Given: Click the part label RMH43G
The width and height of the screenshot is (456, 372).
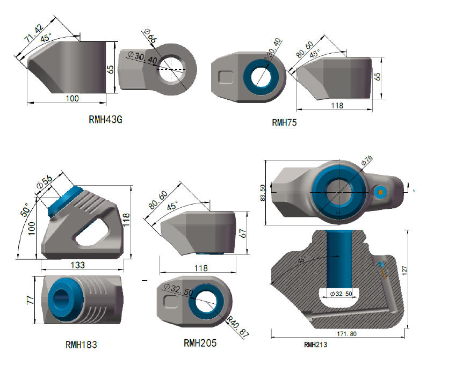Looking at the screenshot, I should pyautogui.click(x=105, y=120).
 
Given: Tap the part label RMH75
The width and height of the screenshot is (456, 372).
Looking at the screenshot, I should pyautogui.click(x=284, y=122).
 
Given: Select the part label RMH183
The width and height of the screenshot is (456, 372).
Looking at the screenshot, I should pyautogui.click(x=81, y=344).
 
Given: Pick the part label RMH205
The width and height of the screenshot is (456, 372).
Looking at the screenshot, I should pyautogui.click(x=200, y=342).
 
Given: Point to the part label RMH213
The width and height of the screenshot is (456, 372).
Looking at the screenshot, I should pyautogui.click(x=315, y=345).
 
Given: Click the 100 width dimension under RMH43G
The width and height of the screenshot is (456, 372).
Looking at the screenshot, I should pyautogui.click(x=72, y=98).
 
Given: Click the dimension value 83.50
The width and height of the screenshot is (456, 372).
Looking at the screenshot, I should pyautogui.click(x=263, y=194).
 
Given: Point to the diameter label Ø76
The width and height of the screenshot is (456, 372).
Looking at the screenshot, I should pyautogui.click(x=366, y=160).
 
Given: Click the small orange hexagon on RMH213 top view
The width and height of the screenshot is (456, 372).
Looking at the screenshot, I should pyautogui.click(x=380, y=193).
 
